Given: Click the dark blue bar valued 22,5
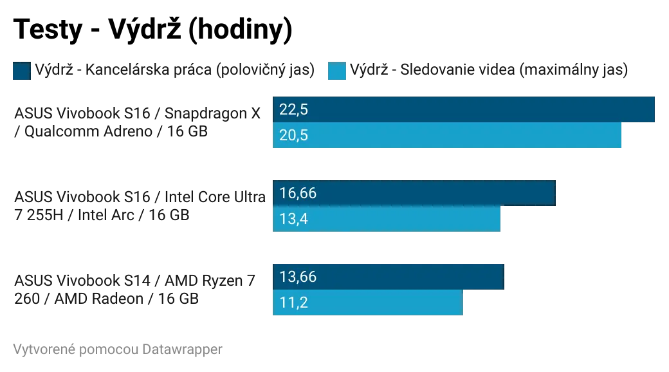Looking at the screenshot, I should click(x=463, y=109).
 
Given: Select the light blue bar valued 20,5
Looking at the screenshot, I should click(x=447, y=136).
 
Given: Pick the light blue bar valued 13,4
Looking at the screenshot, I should click(x=387, y=219).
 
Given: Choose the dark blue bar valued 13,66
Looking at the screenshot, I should click(x=388, y=276).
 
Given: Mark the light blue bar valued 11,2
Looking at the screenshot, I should click(x=367, y=302).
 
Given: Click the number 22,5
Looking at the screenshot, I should click(x=294, y=110).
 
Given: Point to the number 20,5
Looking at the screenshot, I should click(x=294, y=136).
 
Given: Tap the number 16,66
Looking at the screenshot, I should click(x=298, y=193).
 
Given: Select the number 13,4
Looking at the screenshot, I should click(x=294, y=219).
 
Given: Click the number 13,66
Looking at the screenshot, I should click(x=298, y=277).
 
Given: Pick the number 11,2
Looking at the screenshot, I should click(x=293, y=302).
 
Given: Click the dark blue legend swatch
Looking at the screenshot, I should click(x=21, y=71).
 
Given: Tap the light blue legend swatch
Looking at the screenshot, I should click(x=336, y=71).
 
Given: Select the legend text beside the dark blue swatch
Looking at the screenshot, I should click(x=174, y=71).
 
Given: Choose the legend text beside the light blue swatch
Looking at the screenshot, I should click(x=488, y=71).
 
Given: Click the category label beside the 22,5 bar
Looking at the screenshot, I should click(x=137, y=122).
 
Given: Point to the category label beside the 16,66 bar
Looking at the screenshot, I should click(x=137, y=206).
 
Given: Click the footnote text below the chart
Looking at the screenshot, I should click(x=116, y=349).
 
